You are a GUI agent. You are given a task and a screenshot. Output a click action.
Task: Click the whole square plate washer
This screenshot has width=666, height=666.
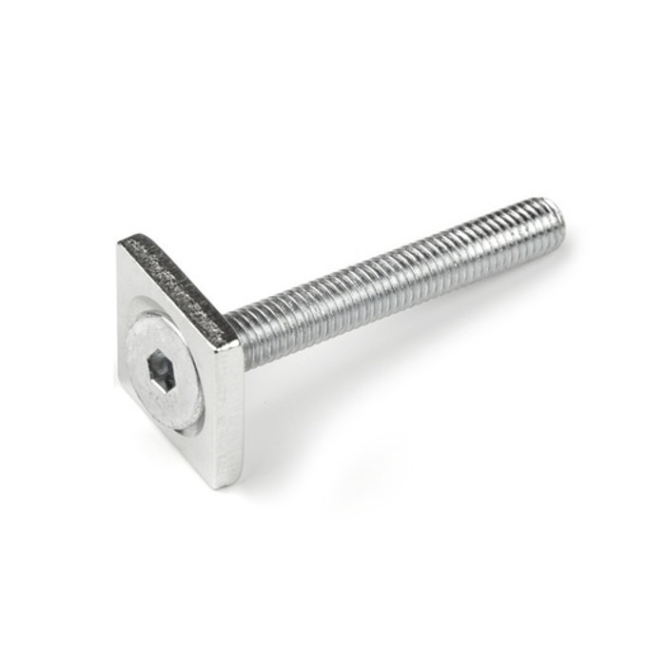tap(176, 362)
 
